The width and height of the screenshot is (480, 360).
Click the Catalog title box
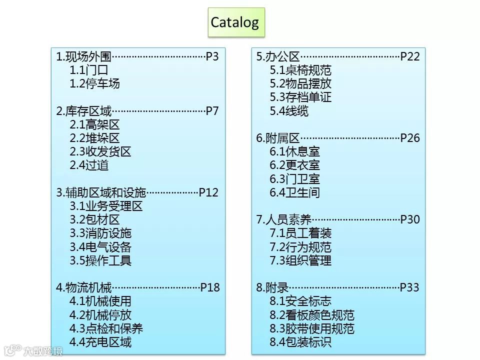(235, 22)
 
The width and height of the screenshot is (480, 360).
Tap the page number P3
(212, 56)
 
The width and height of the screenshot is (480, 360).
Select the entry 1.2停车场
(94, 83)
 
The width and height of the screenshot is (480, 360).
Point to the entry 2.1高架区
(94, 124)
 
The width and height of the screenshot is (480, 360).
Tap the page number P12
(209, 192)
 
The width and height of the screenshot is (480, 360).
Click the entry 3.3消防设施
(100, 233)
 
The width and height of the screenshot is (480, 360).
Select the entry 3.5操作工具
(100, 260)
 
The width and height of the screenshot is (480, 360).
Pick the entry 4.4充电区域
(100, 342)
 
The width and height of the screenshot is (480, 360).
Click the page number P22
(410, 56)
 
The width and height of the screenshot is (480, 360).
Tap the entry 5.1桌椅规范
(300, 70)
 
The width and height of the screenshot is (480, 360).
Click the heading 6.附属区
(278, 138)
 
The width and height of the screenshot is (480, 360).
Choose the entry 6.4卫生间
(294, 192)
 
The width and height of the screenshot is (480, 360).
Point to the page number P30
(410, 219)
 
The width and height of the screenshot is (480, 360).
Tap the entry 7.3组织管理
(300, 260)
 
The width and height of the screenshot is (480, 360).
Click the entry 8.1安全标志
(300, 301)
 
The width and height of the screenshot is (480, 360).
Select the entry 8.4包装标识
(300, 342)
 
